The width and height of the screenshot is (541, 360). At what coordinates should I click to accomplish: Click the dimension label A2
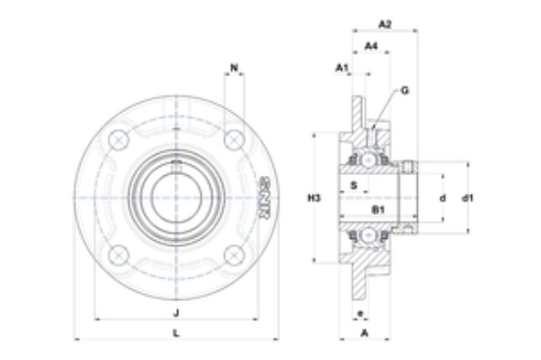pyautogui.click(x=385, y=25)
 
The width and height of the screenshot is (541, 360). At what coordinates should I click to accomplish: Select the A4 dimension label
pyautogui.click(x=371, y=45)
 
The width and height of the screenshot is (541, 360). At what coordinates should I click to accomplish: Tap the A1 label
pyautogui.click(x=342, y=68)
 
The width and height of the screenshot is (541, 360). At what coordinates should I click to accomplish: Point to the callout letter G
pyautogui.click(x=404, y=90)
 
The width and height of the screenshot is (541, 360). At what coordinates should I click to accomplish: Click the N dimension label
pyautogui.click(x=234, y=68)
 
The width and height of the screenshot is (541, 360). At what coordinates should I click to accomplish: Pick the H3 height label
pyautogui.click(x=314, y=198)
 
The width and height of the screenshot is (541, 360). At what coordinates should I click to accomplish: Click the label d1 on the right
pyautogui.click(x=467, y=198)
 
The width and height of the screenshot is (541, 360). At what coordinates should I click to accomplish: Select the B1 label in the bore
pyautogui.click(x=378, y=210)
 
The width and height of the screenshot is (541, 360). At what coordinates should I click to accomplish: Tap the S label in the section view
pyautogui.click(x=354, y=186)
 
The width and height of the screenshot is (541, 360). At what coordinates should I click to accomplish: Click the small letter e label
pyautogui.click(x=360, y=314)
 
